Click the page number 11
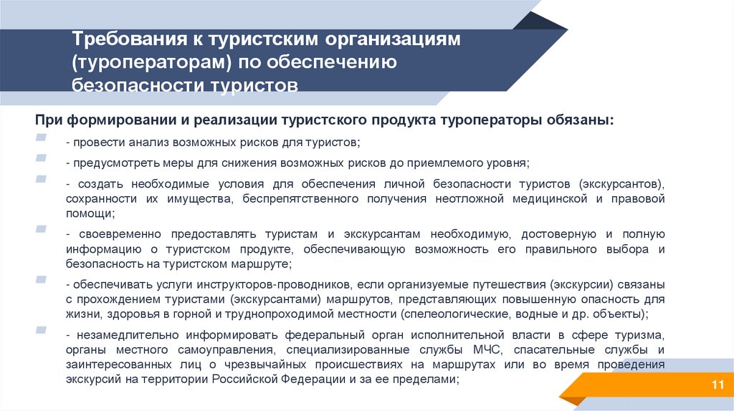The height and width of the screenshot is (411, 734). [715, 387]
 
